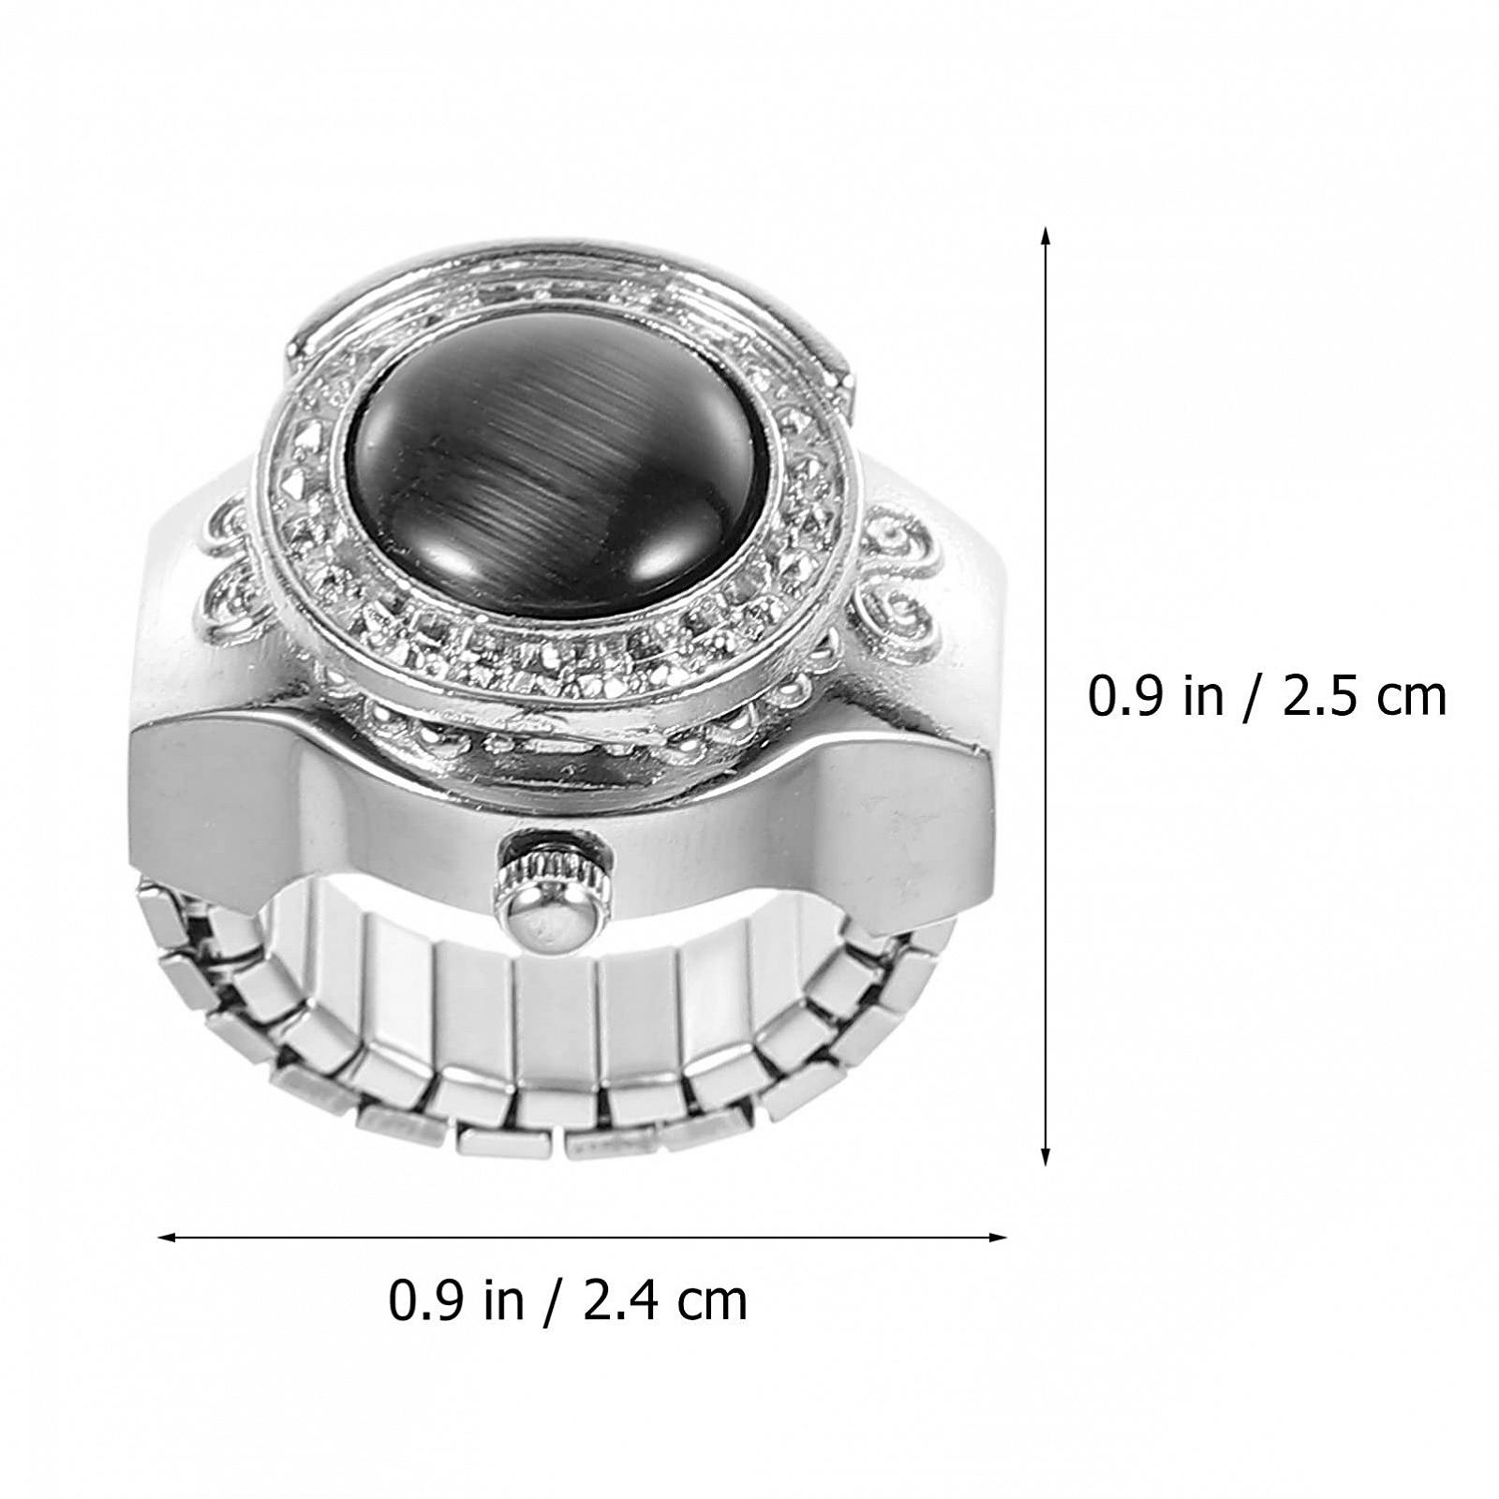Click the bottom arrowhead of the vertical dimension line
pos(1046,1154)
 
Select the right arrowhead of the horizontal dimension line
pos(994,1238)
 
